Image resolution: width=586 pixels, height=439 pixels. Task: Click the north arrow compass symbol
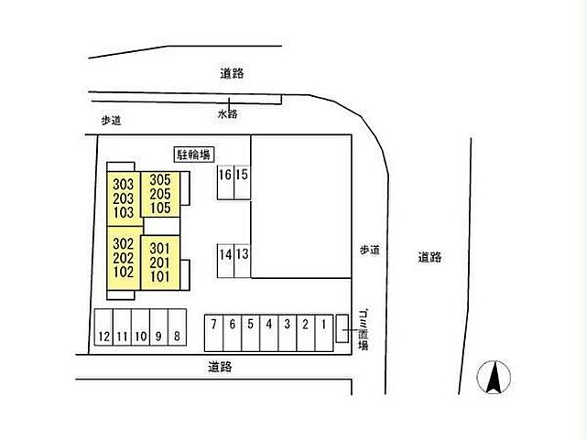494,377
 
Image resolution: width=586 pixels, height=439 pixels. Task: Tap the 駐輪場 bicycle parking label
194,155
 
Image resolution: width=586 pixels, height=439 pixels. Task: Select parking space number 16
225,182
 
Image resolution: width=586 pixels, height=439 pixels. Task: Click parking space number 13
242,261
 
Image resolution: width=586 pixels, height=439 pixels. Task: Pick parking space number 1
323,333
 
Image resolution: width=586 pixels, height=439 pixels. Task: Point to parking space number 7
213,333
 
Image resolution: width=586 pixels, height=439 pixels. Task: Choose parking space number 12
103,327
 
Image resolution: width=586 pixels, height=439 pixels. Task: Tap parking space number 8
177,327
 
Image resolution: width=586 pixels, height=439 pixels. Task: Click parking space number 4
268,333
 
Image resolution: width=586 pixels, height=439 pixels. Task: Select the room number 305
160,180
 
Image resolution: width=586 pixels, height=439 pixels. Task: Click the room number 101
160,277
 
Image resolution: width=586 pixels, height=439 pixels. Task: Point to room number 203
124,198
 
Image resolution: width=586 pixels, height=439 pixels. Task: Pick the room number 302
124,244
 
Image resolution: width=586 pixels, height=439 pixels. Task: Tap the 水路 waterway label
228,113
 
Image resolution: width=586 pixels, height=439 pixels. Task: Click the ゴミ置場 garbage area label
364,330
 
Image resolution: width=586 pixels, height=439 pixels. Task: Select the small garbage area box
342,328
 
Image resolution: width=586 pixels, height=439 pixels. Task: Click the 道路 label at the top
232,73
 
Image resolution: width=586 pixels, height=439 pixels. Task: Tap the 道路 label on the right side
429,257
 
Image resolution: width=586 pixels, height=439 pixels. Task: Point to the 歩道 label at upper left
112,121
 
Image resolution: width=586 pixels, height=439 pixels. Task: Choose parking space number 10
140,327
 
